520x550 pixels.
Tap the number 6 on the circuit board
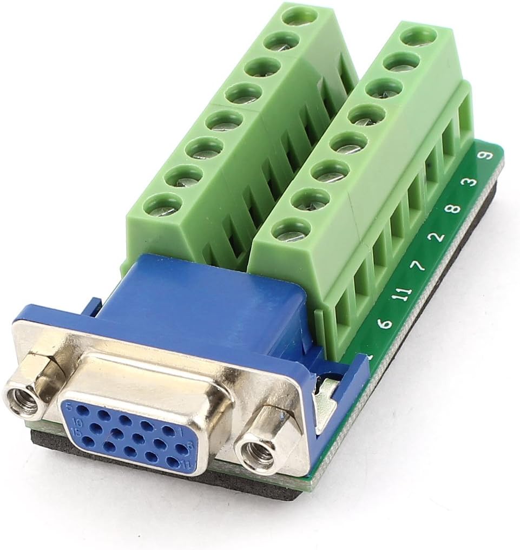tap(385, 324)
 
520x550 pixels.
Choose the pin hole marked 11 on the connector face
tap(173, 461)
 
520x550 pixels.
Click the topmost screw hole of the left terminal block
tap(299, 15)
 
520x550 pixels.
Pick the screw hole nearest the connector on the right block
tap(291, 229)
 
